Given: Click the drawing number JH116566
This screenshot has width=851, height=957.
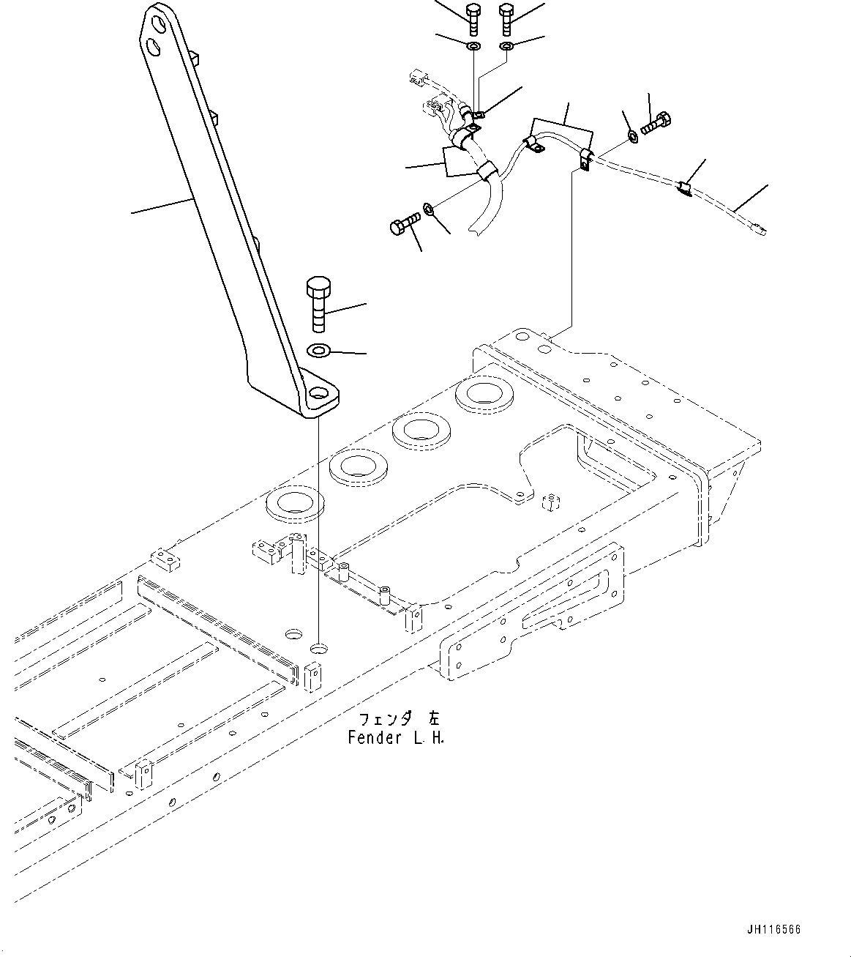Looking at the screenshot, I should (x=774, y=931).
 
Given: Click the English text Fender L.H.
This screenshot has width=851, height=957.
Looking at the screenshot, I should (x=396, y=737).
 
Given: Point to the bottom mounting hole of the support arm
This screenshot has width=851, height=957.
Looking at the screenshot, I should (x=319, y=394).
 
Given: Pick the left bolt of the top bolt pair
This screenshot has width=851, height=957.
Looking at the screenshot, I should (x=472, y=18).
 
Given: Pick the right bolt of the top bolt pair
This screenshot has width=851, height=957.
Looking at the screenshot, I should (x=507, y=18).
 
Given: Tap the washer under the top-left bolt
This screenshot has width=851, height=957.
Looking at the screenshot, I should (x=473, y=48).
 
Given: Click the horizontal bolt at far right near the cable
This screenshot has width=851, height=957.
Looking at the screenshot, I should (x=655, y=124).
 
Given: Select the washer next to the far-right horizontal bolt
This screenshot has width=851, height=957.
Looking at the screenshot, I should (x=632, y=135).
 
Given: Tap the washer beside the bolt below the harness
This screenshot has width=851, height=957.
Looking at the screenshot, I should (x=429, y=211).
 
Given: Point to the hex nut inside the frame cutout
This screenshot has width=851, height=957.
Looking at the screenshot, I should (x=552, y=503).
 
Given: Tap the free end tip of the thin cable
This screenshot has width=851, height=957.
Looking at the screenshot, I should (x=763, y=230).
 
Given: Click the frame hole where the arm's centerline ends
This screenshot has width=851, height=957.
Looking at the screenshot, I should (x=318, y=648).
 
